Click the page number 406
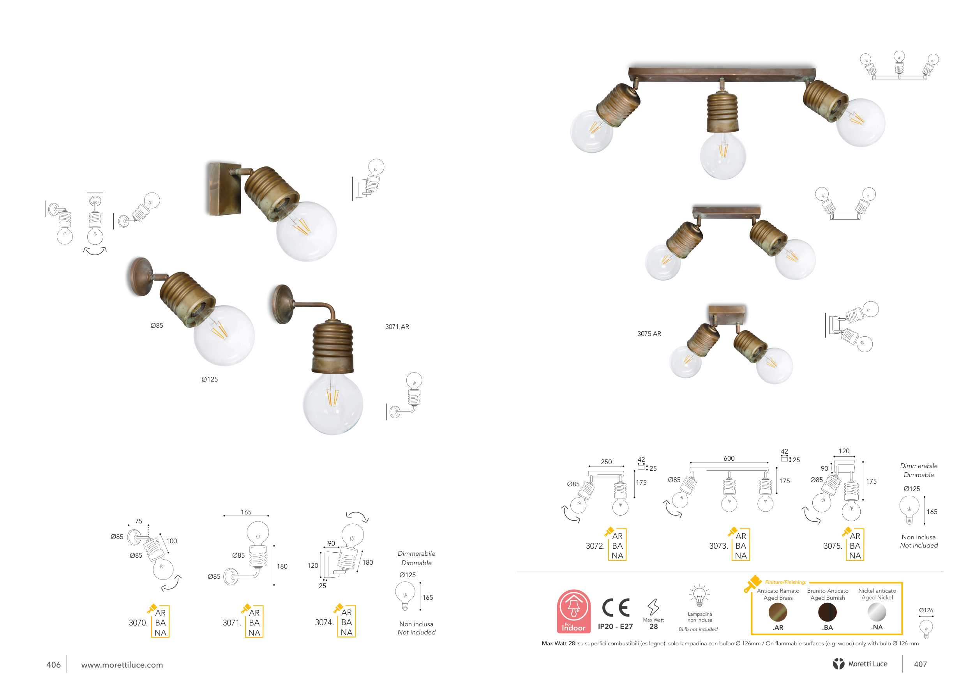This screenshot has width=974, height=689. pos(53,664)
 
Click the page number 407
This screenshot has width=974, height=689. pos(920,664)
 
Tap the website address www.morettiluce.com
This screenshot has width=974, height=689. pos(122,665)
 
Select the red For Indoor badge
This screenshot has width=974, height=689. pos(573,611)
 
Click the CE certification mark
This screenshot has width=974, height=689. pos(616,608)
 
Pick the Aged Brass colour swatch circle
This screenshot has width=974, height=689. pos(778,612)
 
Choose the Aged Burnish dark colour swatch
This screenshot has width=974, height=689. pos(827,612)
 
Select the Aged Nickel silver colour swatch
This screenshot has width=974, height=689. pos(877,612)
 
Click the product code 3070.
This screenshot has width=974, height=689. pos(138,622)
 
